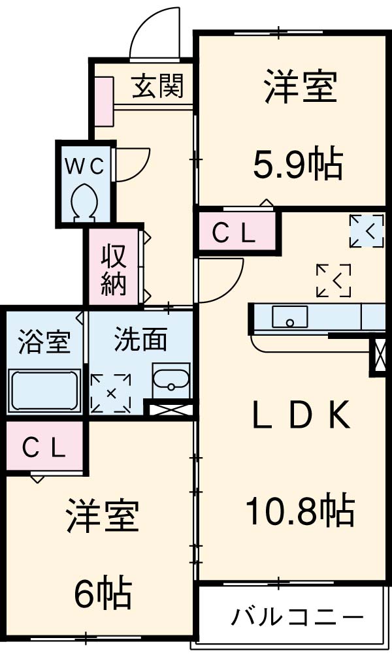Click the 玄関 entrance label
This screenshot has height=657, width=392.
[x=157, y=86]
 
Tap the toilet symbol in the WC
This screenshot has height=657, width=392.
[x=84, y=199]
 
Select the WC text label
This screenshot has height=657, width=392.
[x=84, y=167]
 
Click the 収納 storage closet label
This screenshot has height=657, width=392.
[x=114, y=269]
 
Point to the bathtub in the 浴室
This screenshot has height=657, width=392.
[x=44, y=390]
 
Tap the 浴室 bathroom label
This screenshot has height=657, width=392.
[x=44, y=342]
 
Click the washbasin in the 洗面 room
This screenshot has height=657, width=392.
[x=171, y=377]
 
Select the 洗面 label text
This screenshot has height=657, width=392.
[x=140, y=340]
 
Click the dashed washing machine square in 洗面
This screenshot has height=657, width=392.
[x=110, y=393]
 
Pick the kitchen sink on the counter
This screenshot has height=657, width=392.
[x=289, y=317]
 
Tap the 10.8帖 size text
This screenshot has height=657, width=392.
[x=300, y=510]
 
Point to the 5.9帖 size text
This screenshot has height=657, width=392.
[x=298, y=167]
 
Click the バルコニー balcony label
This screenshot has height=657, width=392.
[x=297, y=616]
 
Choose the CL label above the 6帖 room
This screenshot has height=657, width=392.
[x=44, y=447]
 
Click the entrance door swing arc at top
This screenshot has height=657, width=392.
[x=154, y=33]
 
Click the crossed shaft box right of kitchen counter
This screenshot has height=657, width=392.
[x=378, y=354]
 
